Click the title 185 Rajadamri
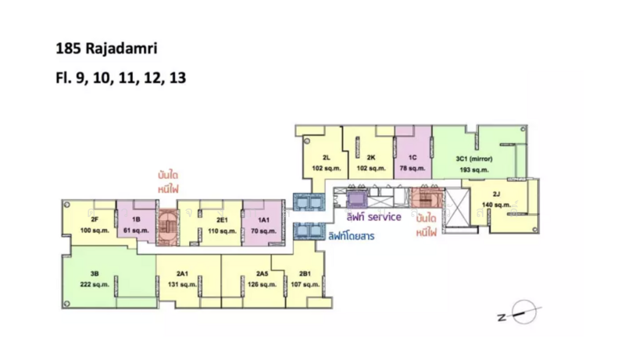(106, 48)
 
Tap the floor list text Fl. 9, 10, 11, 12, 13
(121, 77)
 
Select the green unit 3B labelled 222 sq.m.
(109, 277)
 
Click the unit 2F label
(95, 219)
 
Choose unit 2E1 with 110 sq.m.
(210, 224)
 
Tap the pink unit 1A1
(263, 223)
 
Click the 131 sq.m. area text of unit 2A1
(182, 284)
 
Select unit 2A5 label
(262, 273)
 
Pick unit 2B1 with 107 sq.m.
(303, 279)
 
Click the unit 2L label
(327, 158)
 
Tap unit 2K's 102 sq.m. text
(371, 168)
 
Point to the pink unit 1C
(413, 152)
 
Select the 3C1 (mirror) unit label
(474, 159)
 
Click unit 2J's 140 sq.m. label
(496, 205)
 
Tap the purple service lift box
(356, 199)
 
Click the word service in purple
(384, 217)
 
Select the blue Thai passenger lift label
(352, 236)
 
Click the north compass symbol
(520, 312)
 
